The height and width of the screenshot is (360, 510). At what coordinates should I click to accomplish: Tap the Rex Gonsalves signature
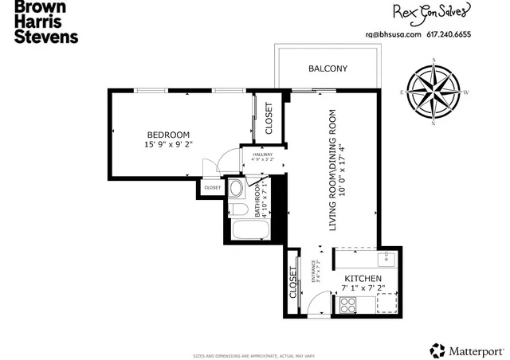click(x=429, y=12)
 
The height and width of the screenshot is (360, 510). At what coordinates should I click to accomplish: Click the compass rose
click(x=433, y=92)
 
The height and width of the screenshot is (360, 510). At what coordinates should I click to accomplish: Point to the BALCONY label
click(x=328, y=68)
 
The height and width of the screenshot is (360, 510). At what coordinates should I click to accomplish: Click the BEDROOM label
click(x=168, y=134)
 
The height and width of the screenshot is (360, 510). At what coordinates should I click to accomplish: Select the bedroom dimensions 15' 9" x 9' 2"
click(x=168, y=144)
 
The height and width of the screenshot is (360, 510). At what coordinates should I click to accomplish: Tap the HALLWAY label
click(x=263, y=155)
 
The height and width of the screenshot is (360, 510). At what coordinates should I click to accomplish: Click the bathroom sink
click(x=236, y=190)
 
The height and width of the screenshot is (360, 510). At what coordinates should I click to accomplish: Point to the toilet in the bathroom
click(x=237, y=209)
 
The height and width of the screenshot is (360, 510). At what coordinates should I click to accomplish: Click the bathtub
click(x=250, y=232)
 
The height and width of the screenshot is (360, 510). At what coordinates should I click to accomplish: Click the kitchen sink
click(x=386, y=258)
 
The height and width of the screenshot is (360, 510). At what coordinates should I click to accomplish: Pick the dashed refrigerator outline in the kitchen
click(x=386, y=303)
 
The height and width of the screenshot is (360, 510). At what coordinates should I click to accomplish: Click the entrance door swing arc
click(x=319, y=303)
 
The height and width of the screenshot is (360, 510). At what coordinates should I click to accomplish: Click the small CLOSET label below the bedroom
click(x=212, y=188)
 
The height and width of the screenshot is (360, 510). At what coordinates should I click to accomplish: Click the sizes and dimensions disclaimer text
click(x=254, y=355)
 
